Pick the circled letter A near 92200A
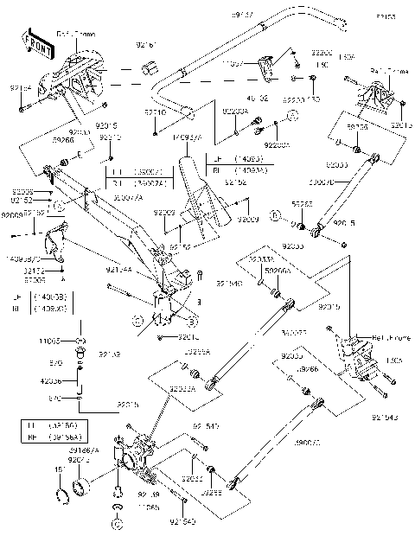[293, 114]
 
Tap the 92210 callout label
[155, 112]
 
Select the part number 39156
[357, 126]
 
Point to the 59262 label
[302, 204]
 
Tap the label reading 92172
[34, 270]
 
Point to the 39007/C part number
[308, 442]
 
